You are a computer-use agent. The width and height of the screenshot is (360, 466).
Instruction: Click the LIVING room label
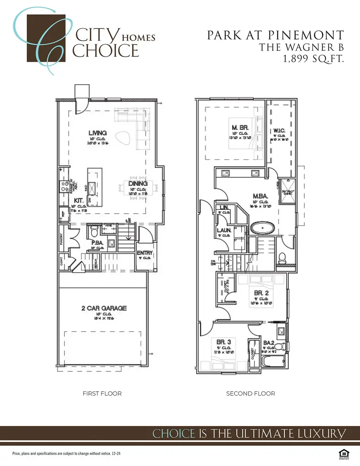98,133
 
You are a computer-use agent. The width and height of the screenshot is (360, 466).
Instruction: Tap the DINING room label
138,184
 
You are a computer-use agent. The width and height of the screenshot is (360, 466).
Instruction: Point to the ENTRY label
144,253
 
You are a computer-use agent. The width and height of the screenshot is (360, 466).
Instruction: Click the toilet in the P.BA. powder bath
95,232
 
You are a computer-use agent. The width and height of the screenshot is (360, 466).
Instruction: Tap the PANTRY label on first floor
62,241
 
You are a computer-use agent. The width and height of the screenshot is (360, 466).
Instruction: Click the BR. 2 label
261,292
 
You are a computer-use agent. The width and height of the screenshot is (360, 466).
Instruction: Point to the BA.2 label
268,342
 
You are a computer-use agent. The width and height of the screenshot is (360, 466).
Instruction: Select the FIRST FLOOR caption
102,394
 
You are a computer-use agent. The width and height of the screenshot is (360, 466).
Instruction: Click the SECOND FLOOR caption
250,394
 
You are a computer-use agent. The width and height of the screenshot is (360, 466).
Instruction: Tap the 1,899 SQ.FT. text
314,58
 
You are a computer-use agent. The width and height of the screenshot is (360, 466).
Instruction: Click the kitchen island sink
91,186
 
